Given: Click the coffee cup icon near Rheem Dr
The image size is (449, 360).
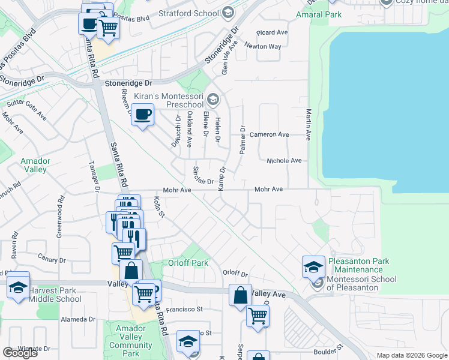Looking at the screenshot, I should click(142, 115).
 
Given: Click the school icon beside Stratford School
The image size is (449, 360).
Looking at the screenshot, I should click(228, 12).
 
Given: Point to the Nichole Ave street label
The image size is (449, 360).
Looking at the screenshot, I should click(284, 161).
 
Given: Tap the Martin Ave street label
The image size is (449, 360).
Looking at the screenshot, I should click(308, 125).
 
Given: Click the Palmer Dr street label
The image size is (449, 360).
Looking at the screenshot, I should click(243, 140).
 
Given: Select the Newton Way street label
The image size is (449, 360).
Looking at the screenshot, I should click(268, 46).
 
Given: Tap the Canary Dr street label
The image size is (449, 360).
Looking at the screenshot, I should click(51, 260).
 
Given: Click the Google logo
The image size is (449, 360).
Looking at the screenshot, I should click(20, 353).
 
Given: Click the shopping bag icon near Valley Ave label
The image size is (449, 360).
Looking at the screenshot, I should click(240, 295).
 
